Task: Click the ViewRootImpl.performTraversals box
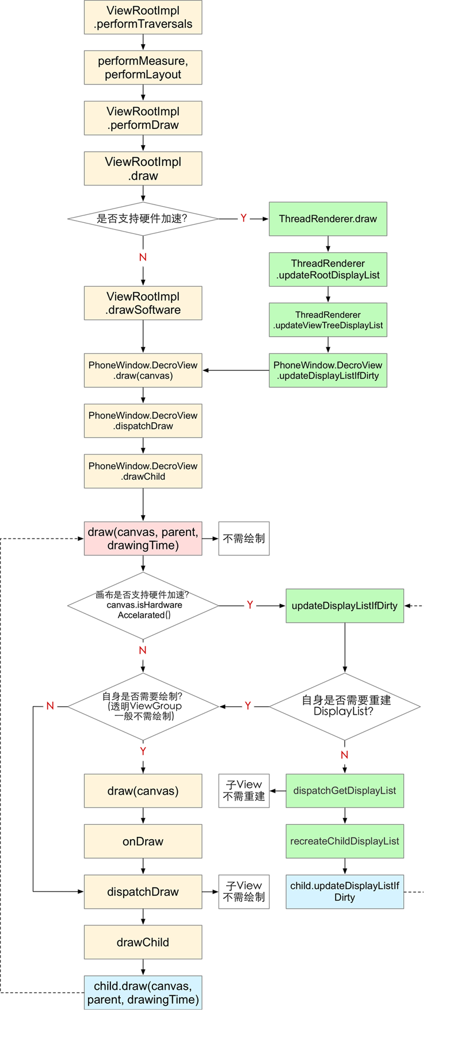click(143, 17)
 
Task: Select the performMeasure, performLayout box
click(143, 68)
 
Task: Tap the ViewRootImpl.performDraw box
click(143, 118)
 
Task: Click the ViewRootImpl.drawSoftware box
click(143, 304)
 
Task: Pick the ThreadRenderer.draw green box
click(328, 219)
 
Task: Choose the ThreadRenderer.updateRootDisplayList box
click(328, 270)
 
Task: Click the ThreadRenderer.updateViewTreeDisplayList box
click(328, 320)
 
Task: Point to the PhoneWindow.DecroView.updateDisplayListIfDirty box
click(328, 370)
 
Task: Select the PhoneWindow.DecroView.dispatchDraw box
click(143, 421)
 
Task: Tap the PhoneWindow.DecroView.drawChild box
click(143, 471)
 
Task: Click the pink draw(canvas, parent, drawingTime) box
click(143, 539)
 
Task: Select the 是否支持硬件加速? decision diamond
click(143, 219)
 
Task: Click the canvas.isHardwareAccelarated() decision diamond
click(143, 605)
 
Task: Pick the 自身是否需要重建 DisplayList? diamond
click(344, 706)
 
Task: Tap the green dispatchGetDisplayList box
click(344, 791)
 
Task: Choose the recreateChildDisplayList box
click(344, 841)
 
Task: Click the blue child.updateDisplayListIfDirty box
click(344, 892)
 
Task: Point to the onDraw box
click(143, 841)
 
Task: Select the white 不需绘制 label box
click(244, 539)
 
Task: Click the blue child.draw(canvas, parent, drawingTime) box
click(143, 993)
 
